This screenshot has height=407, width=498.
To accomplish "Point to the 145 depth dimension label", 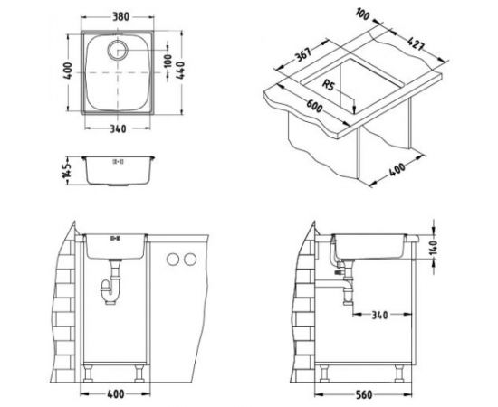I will click(64, 170).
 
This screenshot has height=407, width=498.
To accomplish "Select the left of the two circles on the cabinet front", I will click(171, 260).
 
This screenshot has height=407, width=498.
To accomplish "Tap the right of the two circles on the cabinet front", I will click(189, 260).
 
